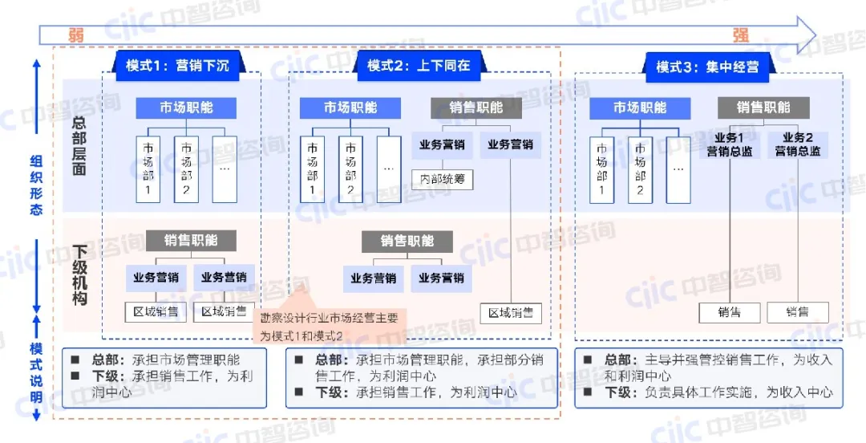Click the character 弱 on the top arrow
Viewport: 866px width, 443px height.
tap(76, 35)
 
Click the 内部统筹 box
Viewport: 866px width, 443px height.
tap(442, 179)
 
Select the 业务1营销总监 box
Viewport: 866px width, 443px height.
tap(730, 144)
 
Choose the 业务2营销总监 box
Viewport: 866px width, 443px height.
tap(797, 144)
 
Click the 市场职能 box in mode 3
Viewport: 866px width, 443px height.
tap(640, 108)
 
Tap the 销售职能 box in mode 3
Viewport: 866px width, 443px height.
tap(763, 108)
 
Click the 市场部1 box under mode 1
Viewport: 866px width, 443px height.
tap(148, 169)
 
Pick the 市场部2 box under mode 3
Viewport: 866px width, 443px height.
tap(640, 169)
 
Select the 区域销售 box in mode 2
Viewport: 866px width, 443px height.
tap(511, 312)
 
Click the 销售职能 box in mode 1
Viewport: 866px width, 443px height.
tap(191, 240)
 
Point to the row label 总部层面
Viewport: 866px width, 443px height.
tap(79, 146)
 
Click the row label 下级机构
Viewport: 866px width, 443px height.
tap(79, 275)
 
